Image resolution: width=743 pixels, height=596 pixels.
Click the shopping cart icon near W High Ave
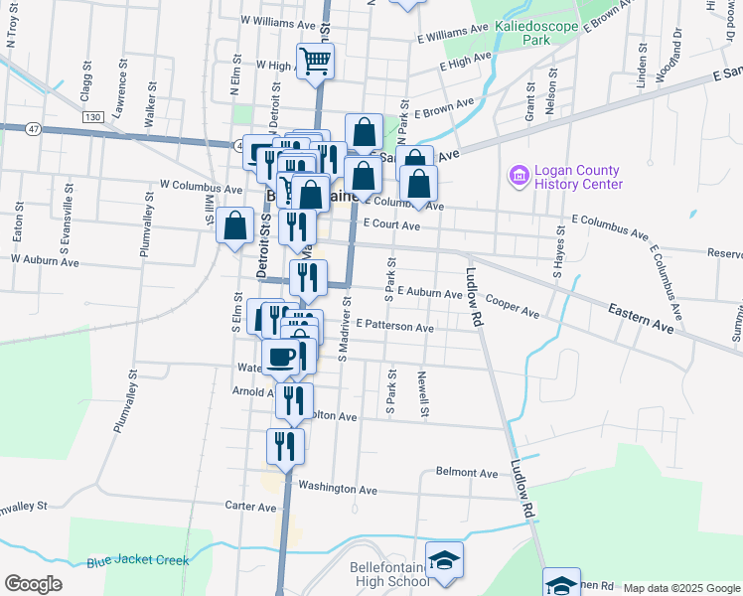tap(315, 61)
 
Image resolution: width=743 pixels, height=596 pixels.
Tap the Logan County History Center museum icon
tap(518, 177)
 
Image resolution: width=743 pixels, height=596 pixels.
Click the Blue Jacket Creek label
tap(137, 561)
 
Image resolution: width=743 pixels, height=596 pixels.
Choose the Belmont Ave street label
tap(467, 473)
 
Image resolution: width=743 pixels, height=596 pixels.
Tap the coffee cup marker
tap(282, 357)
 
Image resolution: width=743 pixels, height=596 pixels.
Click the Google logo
tap(33, 584)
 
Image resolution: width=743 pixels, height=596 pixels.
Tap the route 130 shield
tap(93, 117)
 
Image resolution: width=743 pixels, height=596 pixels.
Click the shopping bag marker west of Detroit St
tap(235, 225)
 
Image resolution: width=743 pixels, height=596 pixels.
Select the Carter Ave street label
tap(250, 507)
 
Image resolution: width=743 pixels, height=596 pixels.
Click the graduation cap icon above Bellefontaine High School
tap(444, 560)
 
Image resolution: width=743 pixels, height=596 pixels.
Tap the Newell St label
tap(423, 392)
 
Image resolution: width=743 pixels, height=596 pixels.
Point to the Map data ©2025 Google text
tap(680, 588)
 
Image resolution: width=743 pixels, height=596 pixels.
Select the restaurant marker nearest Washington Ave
tap(285, 447)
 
